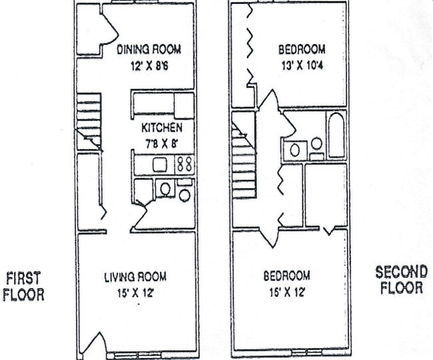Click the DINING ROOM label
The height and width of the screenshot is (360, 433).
pos(149,50)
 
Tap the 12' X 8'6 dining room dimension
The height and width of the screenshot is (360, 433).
pos(149,67)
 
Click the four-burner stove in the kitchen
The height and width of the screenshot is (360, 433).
pos(185,164)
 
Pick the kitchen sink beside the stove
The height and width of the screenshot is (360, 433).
pos(161,164)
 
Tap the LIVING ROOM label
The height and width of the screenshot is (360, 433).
pos(135,276)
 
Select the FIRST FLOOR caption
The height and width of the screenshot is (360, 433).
pos(25,285)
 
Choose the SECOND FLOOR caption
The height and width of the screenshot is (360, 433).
pos(400,280)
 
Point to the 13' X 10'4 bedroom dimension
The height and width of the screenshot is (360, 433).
pos(301,67)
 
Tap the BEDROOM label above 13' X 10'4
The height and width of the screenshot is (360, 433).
pos(302,50)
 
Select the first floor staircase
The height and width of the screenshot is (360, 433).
pos(89,120)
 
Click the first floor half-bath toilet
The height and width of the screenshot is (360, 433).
pos(185,194)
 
